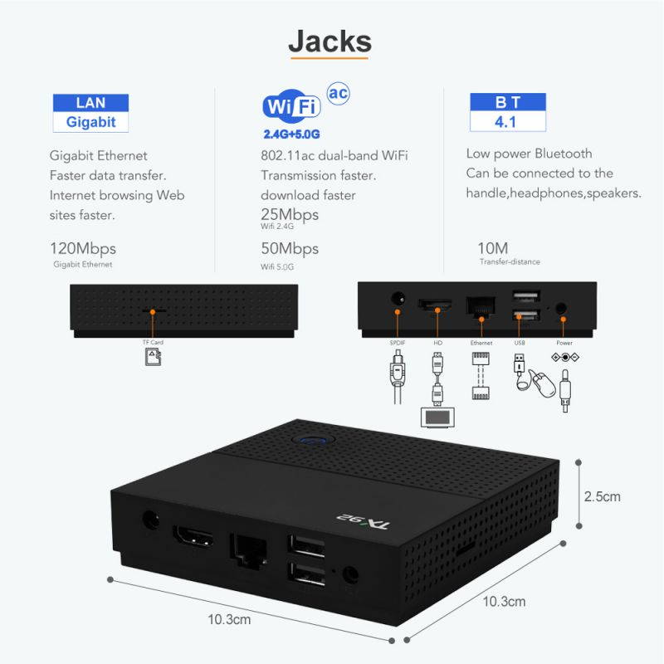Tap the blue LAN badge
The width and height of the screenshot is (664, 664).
pyautogui.click(x=90, y=103)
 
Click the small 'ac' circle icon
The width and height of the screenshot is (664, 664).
pyautogui.click(x=337, y=92)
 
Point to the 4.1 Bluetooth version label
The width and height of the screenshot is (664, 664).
pyautogui.click(x=507, y=122)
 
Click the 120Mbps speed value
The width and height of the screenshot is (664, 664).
pyautogui.click(x=83, y=248)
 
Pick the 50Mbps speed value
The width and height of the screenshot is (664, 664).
pyautogui.click(x=290, y=248)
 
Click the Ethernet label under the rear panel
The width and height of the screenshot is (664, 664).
pyautogui.click(x=481, y=343)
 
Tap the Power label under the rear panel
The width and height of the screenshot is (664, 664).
pyautogui.click(x=564, y=343)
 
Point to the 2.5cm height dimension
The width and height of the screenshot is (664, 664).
pyautogui.click(x=602, y=497)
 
